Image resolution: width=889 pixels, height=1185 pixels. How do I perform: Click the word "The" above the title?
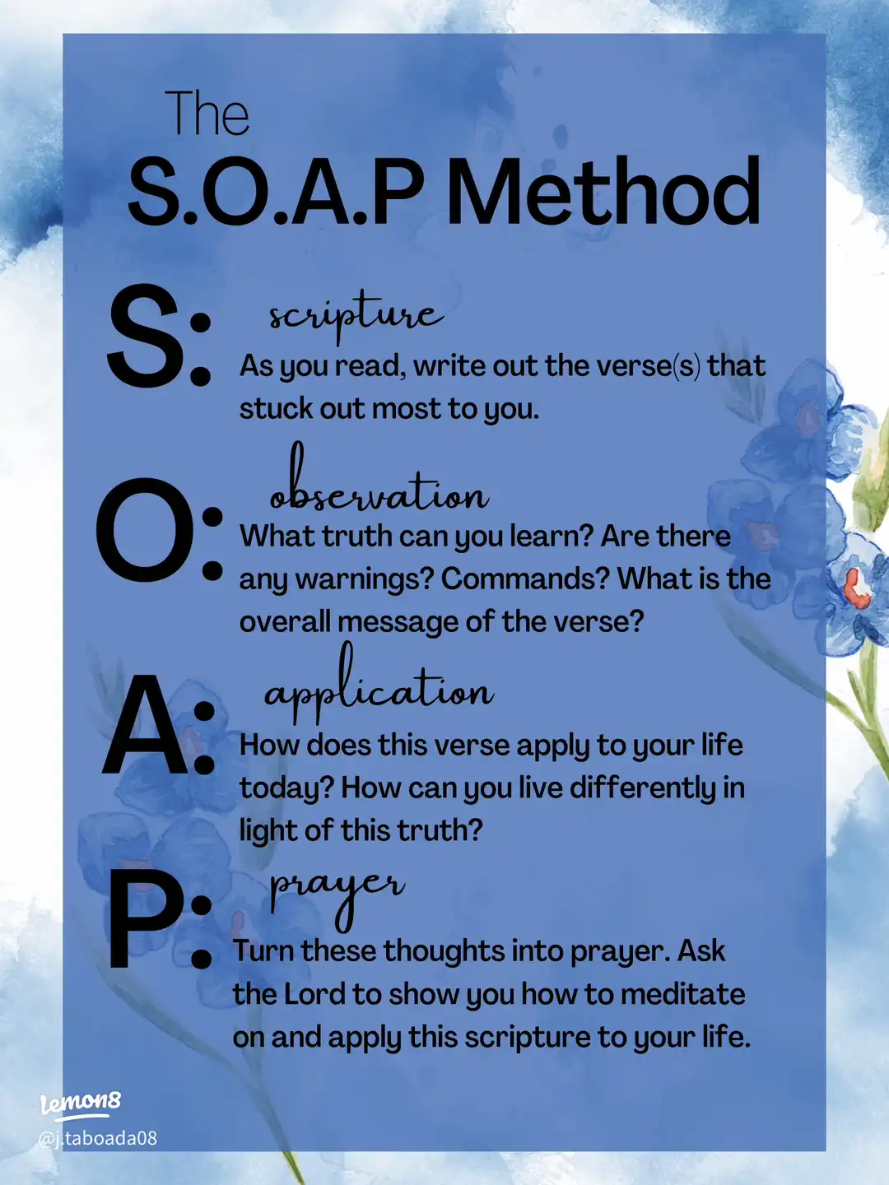pos(207,114)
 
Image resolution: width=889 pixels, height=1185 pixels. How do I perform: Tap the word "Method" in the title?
pos(603,193)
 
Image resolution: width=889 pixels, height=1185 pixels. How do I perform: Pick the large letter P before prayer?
pos(140,918)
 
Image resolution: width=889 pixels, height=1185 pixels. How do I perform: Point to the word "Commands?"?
pos(525,579)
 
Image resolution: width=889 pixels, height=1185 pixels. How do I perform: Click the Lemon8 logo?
pos(81,1103)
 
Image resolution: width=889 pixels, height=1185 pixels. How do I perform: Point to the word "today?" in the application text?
pos(286,788)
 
